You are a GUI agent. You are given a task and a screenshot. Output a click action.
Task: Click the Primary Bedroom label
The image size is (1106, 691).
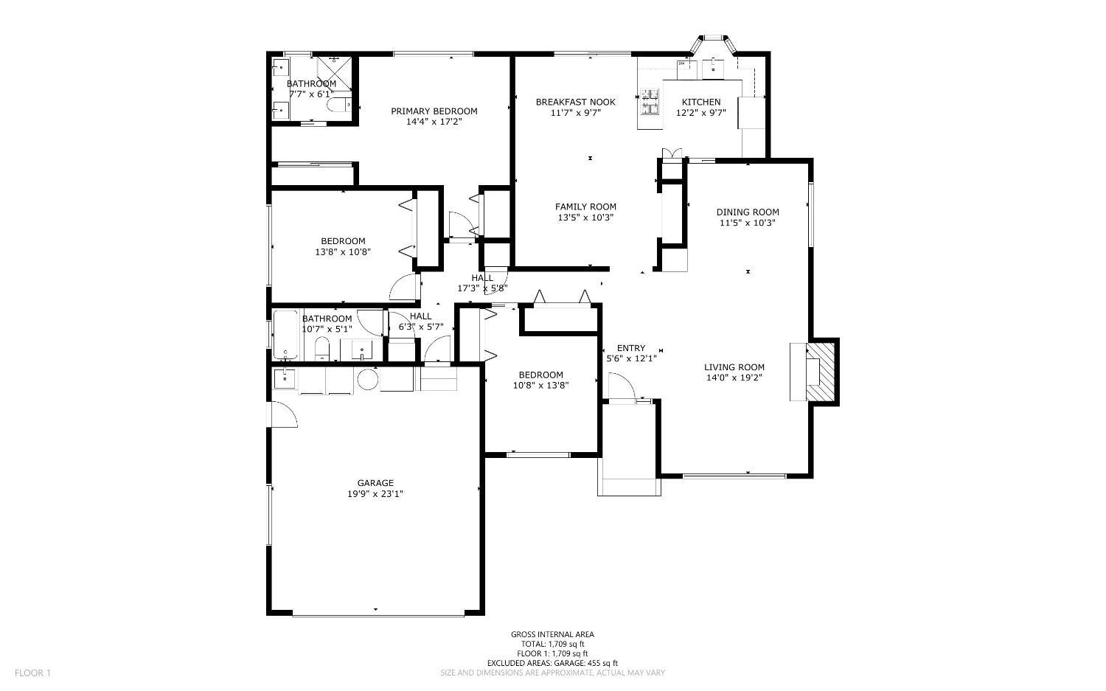(434, 111)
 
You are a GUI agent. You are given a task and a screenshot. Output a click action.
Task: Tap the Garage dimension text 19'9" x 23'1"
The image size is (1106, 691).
(375, 493)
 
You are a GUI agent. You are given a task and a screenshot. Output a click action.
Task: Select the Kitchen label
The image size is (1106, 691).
(701, 102)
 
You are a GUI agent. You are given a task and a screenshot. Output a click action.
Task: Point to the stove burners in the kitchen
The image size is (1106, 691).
(650, 101)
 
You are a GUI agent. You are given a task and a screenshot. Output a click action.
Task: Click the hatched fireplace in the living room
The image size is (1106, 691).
(821, 372)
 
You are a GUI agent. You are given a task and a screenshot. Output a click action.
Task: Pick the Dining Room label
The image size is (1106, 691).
(748, 212)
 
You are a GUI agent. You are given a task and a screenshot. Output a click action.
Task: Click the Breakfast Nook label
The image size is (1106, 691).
(576, 102)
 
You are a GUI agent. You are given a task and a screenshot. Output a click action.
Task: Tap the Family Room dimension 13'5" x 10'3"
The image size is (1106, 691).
(585, 218)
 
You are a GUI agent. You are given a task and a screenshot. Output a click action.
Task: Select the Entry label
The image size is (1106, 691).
(631, 348)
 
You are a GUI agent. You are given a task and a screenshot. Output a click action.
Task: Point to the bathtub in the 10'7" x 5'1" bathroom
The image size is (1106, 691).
(285, 334)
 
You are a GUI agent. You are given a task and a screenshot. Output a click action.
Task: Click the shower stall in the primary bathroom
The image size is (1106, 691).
(334, 73)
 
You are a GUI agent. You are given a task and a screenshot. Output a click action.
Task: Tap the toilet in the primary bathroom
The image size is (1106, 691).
(338, 105)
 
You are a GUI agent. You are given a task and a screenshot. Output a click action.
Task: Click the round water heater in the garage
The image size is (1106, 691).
(368, 380)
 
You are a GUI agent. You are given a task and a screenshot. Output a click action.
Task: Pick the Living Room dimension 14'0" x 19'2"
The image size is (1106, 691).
(734, 378)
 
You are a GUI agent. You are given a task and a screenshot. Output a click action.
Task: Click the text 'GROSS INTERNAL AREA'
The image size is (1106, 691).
(552, 634)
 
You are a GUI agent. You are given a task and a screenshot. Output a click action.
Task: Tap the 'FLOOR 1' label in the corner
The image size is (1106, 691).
(32, 673)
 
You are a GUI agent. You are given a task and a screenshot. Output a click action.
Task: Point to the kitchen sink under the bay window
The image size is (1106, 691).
(714, 69)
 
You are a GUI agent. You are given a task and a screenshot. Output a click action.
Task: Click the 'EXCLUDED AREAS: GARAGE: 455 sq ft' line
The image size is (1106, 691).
(552, 663)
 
